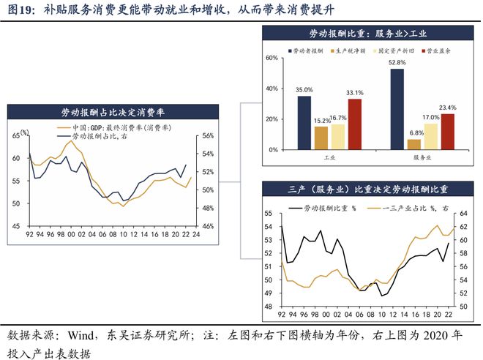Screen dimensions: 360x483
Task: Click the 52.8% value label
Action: (x=397, y=63)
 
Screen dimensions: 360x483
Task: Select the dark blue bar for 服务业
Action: (x=397, y=108)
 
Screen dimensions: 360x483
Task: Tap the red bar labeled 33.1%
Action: (x=355, y=124)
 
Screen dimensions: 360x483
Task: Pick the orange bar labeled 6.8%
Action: (x=414, y=144)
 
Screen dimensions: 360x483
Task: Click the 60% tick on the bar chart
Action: (x=272, y=58)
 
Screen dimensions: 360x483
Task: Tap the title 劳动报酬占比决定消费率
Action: (x=113, y=112)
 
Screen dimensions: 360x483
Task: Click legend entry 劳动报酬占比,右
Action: (x=93, y=137)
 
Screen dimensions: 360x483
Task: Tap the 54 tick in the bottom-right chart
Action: (x=268, y=226)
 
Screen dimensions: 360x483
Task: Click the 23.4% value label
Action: (x=448, y=108)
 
